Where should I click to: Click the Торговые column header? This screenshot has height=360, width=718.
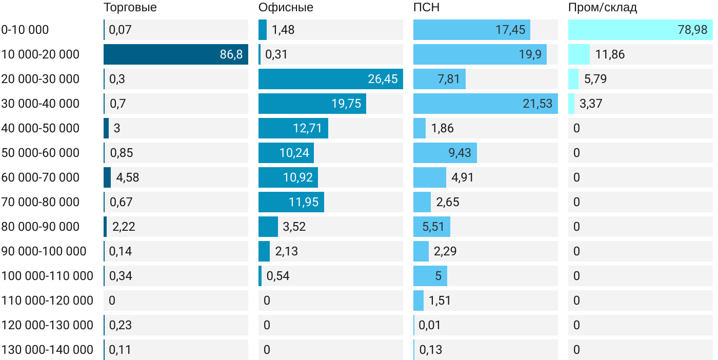point(130,7)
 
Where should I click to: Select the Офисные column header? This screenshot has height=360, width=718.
point(286,7)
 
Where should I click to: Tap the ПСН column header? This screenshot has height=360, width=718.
point(426,7)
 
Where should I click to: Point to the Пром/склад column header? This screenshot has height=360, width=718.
point(603,7)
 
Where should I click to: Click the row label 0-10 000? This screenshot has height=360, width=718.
point(25,30)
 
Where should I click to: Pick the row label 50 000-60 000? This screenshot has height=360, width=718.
point(41,153)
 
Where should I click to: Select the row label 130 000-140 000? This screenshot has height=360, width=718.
point(47,350)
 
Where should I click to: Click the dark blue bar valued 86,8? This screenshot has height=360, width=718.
point(175,54)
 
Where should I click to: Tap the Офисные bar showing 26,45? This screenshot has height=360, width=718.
point(330,79)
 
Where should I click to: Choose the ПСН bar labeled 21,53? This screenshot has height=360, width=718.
point(485,104)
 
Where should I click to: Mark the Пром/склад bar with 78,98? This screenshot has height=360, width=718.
point(640,30)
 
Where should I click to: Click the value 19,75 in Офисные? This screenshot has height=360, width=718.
point(346,104)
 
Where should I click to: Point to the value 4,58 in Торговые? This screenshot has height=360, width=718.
point(128,177)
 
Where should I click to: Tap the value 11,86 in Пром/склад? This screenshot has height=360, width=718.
point(610,54)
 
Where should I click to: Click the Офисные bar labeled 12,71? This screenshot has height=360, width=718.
point(293,128)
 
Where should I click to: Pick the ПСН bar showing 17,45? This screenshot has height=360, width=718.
point(471,30)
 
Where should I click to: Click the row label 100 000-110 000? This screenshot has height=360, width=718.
point(47,276)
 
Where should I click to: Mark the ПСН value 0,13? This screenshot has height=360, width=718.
point(431,350)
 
